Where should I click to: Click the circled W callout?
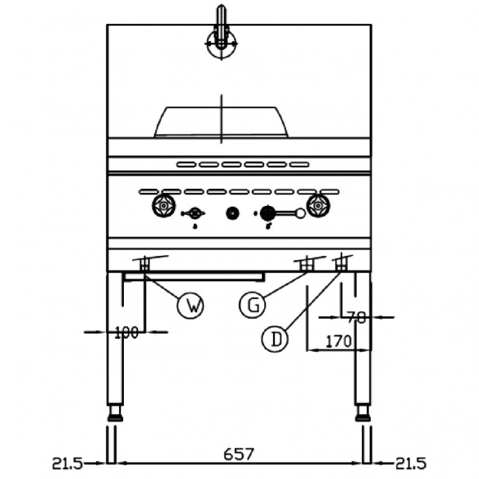[190, 305]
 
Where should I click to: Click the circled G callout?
[253, 305]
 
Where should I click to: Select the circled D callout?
[275, 339]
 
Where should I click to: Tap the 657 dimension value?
[239, 454]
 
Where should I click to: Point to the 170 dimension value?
[339, 341]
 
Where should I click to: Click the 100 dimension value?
[127, 333]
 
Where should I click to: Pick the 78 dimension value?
[357, 318]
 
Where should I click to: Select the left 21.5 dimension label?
[67, 463]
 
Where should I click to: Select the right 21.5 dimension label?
[411, 463]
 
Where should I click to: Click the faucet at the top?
[222, 34]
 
